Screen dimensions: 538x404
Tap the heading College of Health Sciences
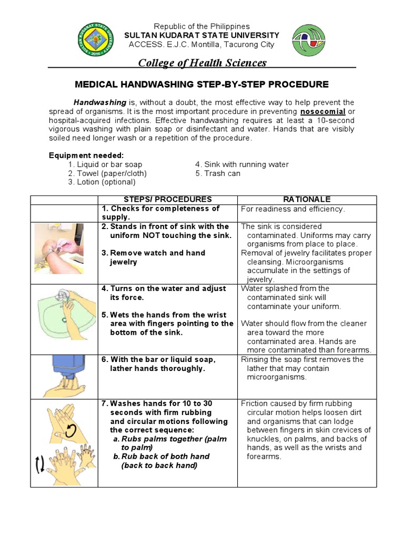click(x=202, y=63)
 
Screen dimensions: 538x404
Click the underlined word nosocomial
click(x=322, y=112)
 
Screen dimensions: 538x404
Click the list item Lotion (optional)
click(x=102, y=182)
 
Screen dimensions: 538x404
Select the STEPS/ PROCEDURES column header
click(x=167, y=200)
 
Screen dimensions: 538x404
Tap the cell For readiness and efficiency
click(x=293, y=209)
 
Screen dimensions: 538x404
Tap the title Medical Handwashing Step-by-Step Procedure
click(x=202, y=84)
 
